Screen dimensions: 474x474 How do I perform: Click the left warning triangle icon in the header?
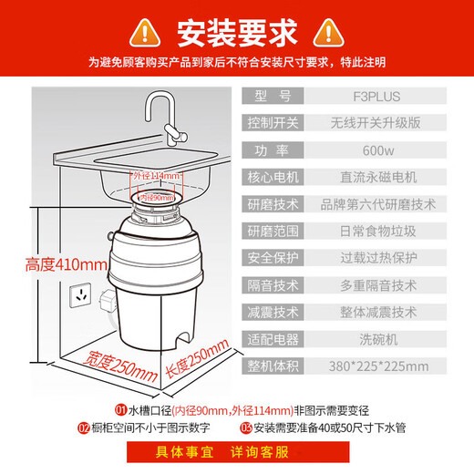pos(143,33)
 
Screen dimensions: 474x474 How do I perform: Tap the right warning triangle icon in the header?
pos(330,33)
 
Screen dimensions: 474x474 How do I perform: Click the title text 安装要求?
pos(236,33)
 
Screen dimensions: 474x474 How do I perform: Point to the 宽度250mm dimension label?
pos(116,366)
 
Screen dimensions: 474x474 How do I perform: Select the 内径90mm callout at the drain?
pos(157,196)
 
